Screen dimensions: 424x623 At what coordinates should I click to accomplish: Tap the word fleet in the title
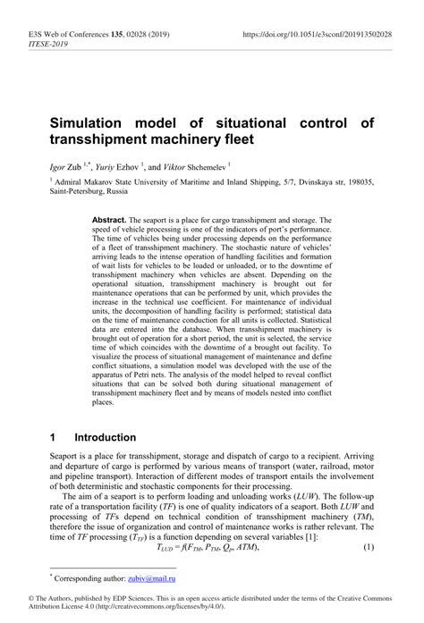click(x=235, y=139)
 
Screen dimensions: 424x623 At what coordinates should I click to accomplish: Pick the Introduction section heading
click(x=105, y=438)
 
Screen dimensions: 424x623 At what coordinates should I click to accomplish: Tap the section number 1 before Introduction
click(x=54, y=438)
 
